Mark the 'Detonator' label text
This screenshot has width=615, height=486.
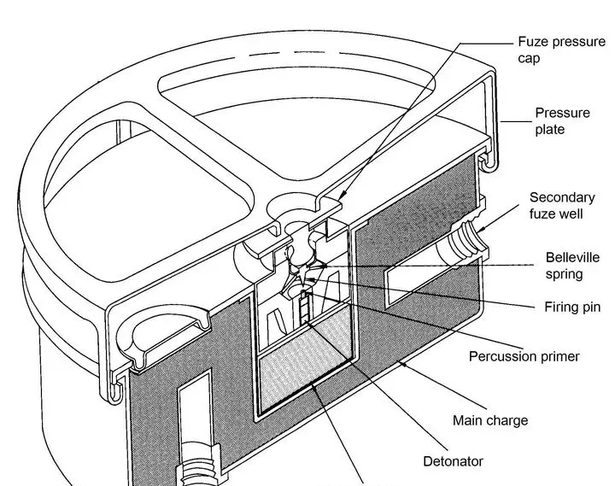453,461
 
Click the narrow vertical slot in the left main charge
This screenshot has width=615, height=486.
190,411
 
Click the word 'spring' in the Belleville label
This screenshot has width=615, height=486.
565,275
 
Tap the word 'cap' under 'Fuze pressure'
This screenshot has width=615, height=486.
530,60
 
